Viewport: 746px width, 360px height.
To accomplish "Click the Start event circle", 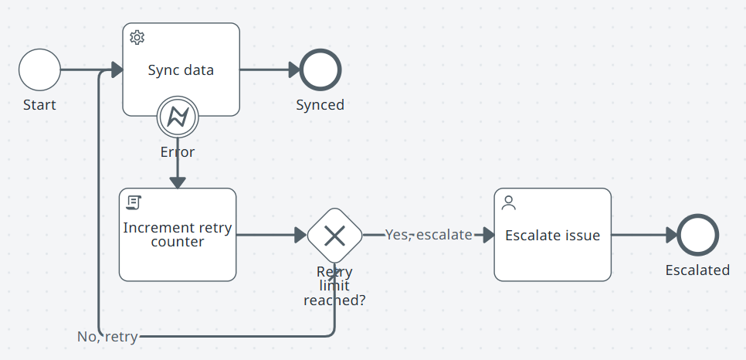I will click(39, 70).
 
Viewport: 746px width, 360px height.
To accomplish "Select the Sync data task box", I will click(181, 85).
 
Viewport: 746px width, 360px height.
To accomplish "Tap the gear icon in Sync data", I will click(137, 37).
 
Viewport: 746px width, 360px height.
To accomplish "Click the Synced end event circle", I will click(320, 70).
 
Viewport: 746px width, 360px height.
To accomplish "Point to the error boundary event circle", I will click(178, 117).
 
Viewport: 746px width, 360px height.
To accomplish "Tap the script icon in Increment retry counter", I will click(133, 202).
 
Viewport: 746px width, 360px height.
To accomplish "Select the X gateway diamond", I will click(334, 235).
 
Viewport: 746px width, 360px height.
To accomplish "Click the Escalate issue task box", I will click(552, 251).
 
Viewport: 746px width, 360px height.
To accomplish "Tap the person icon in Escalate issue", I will click(508, 202).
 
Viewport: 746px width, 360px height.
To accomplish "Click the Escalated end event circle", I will click(697, 235).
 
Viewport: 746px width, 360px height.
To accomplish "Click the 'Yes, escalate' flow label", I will click(429, 235).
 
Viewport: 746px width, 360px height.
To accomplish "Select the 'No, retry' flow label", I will click(107, 337).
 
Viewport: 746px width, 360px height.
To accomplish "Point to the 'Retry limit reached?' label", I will click(334, 286).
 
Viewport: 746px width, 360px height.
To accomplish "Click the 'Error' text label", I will click(178, 151).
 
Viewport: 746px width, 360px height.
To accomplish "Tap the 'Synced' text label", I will click(320, 105).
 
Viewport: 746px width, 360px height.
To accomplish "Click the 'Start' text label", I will click(39, 105).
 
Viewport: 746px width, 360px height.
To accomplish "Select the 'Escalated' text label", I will click(697, 270).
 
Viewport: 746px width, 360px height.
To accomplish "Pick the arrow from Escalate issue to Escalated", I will click(643, 235).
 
